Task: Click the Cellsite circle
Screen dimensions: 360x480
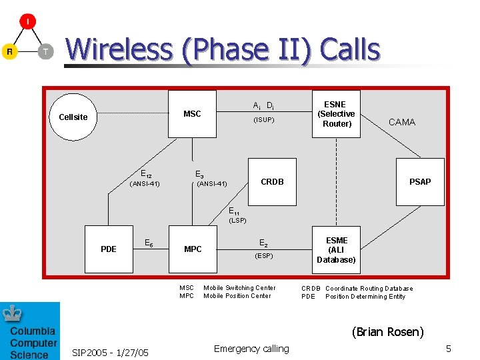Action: [73, 117]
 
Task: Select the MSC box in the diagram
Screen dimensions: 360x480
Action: [192, 114]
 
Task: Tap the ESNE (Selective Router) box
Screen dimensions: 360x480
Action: [337, 114]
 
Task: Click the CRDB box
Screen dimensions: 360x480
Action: [272, 181]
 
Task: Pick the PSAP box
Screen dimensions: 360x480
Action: [420, 181]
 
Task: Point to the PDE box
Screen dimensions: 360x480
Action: [109, 249]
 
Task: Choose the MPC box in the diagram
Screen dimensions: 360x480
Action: [193, 249]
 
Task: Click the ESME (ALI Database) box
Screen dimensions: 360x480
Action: [337, 250]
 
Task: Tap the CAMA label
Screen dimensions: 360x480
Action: [402, 122]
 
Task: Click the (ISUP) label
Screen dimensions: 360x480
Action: [263, 120]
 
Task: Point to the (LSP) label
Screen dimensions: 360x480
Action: [238, 220]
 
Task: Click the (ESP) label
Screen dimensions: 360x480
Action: [263, 255]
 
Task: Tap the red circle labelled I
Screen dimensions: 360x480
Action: [27, 21]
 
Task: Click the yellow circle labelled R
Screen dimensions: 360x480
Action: [9, 51]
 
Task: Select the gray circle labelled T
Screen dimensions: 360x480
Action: [45, 51]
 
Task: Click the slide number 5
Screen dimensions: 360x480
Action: [449, 349]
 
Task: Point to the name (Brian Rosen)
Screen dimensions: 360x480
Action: [387, 331]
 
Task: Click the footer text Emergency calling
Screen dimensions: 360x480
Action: [251, 349]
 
